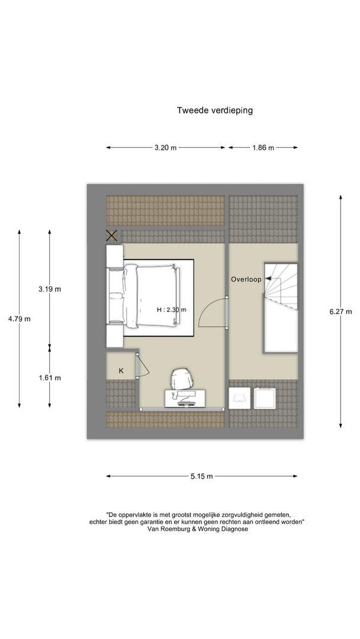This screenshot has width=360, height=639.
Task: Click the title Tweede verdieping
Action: point(214,110)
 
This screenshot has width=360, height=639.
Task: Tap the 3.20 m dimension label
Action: point(165,147)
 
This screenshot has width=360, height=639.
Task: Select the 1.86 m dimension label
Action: point(263,147)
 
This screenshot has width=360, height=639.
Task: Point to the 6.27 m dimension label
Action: point(340,312)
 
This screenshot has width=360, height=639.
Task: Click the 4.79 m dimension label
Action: point(19,319)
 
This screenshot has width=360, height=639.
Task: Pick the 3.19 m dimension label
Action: point(50,289)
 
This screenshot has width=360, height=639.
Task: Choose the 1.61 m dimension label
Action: point(50,377)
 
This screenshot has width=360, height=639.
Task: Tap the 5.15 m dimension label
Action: point(201,476)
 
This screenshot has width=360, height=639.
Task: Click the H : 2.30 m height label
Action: point(172,309)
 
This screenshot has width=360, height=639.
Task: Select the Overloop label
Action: point(246,279)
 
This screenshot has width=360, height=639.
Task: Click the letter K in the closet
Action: point(121,371)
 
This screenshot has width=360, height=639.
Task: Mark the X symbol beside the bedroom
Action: point(112,235)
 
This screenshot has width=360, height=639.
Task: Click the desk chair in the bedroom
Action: point(181,379)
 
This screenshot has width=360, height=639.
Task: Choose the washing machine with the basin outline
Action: point(239,398)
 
